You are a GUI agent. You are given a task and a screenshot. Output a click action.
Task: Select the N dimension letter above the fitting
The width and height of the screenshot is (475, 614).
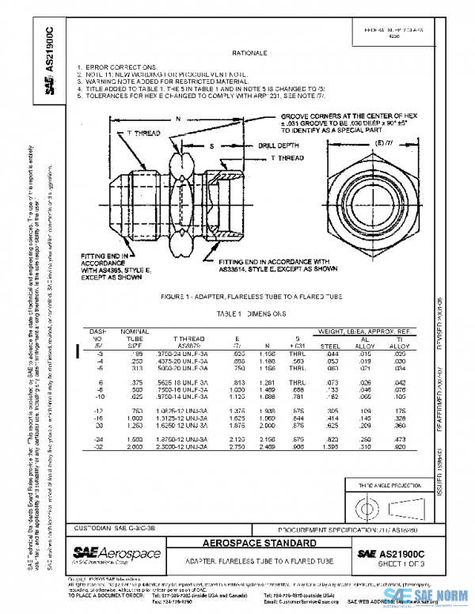point(178,119)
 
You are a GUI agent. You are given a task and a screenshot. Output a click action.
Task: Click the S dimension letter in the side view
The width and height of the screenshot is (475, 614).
point(211,147)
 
